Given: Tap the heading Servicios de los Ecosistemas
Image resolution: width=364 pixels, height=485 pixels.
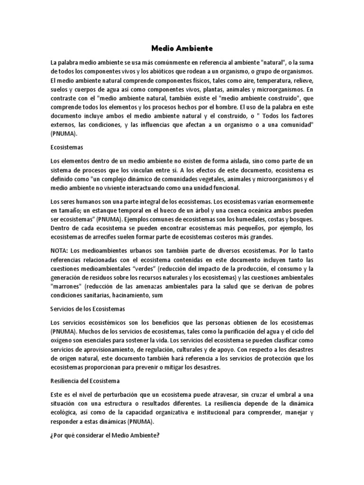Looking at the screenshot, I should [88, 309].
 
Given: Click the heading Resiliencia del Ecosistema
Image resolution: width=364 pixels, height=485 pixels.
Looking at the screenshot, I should [85, 380].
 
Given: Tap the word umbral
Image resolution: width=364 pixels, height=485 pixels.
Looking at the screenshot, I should [282, 395].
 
